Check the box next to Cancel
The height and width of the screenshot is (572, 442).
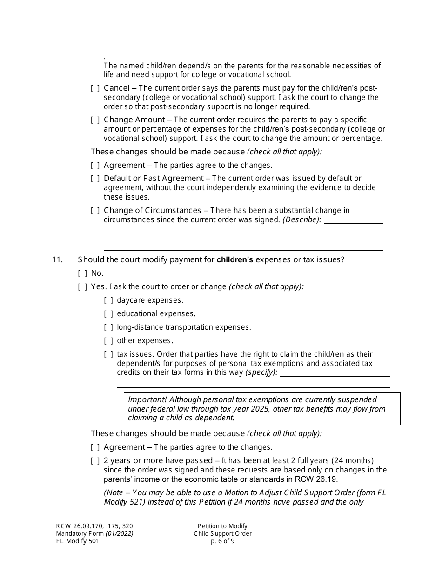click(95, 88)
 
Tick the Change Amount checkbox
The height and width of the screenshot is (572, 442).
click(95, 120)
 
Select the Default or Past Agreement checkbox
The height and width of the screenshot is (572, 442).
click(95, 179)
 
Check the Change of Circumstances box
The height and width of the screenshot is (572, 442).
click(95, 211)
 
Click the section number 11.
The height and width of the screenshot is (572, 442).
click(57, 259)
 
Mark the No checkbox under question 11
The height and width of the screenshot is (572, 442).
click(82, 273)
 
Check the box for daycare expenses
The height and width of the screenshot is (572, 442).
click(108, 300)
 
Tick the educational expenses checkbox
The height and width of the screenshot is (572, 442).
click(108, 314)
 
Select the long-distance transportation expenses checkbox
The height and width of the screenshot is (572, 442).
click(108, 327)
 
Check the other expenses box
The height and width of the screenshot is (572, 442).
click(108, 341)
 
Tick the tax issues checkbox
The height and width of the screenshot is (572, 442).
click(108, 354)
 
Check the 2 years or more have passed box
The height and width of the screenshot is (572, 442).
click(95, 461)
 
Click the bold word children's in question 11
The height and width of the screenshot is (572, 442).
click(235, 260)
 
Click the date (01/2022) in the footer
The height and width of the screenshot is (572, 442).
click(120, 534)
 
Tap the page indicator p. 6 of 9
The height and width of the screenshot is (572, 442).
click(223, 541)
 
